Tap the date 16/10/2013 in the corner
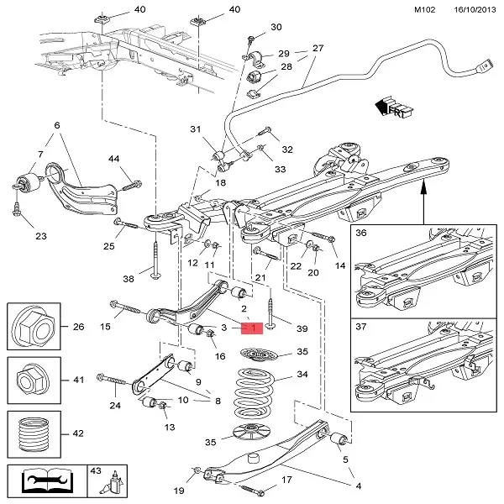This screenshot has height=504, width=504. coord(465,9)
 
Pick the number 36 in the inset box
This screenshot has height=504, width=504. coord(360,234)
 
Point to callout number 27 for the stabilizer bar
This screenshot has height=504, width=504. coord(318,49)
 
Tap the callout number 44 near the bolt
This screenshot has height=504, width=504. coord(114,159)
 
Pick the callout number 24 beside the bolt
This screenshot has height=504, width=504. coord(115,405)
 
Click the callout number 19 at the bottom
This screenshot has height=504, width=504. coord(179,490)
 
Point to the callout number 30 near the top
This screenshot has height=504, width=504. coord(276,28)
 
